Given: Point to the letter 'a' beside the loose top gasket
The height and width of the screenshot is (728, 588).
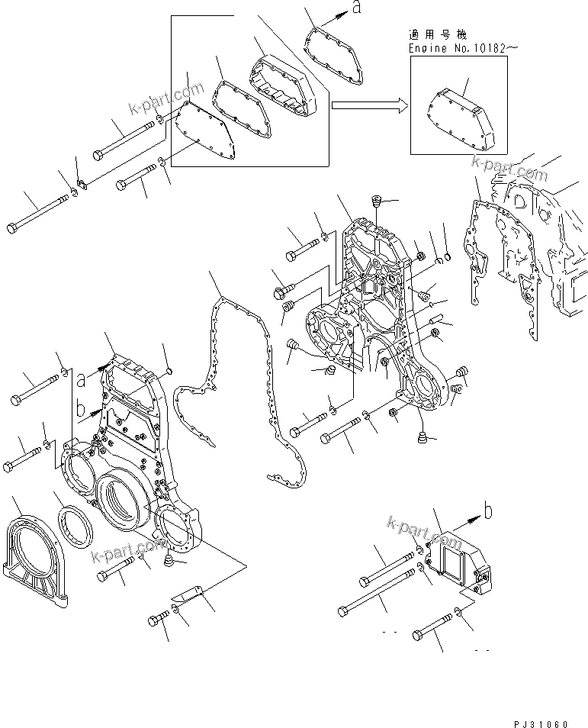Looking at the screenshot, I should [x=355, y=8].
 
